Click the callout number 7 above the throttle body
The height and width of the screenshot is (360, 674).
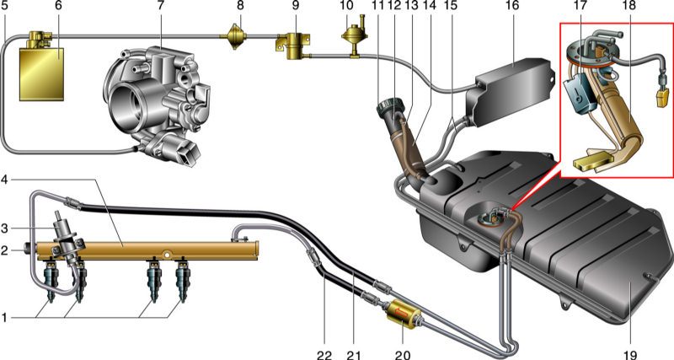tap(162, 6)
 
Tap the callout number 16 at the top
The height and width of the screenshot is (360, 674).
tap(512, 6)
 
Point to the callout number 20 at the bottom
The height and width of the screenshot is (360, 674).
tap(403, 355)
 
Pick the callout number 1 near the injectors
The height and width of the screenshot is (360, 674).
tap(4, 319)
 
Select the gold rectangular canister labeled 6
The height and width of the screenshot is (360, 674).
tap(41, 74)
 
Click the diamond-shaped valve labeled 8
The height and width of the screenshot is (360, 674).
tap(234, 37)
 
